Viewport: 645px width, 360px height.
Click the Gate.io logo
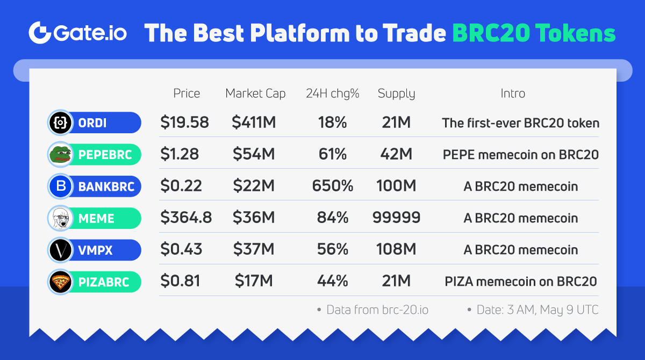pyautogui.click(x=78, y=33)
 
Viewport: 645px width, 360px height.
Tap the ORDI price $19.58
pyautogui.click(x=184, y=123)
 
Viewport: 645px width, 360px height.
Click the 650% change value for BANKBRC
pyautogui.click(x=333, y=186)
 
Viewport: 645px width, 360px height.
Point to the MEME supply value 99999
pyautogui.click(x=396, y=218)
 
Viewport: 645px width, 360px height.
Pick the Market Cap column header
pyautogui.click(x=255, y=93)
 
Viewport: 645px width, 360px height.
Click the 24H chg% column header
pyautogui.click(x=332, y=93)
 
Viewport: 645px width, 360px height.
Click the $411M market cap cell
pyautogui.click(x=254, y=123)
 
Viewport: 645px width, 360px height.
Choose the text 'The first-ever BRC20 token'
pyautogui.click(x=520, y=123)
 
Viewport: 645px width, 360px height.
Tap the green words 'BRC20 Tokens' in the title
pyautogui.click(x=534, y=33)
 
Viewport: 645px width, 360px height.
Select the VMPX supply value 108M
pyautogui.click(x=396, y=250)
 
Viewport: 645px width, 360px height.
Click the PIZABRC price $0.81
pyautogui.click(x=180, y=282)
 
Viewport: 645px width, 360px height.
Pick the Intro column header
pyautogui.click(x=513, y=93)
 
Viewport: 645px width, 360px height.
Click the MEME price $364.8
pyautogui.click(x=186, y=218)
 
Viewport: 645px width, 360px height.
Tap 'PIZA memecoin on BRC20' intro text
pyautogui.click(x=520, y=282)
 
